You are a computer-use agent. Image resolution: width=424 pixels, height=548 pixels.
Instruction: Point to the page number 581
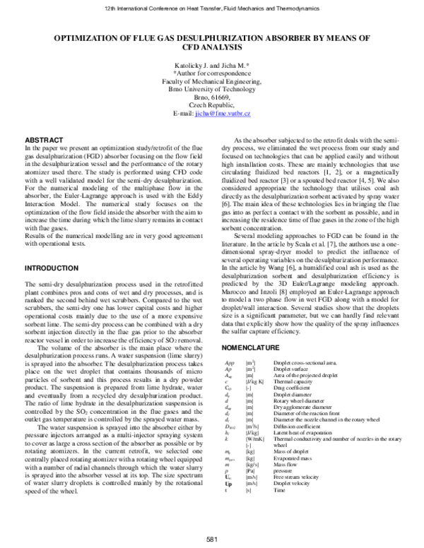(x=211, y=540)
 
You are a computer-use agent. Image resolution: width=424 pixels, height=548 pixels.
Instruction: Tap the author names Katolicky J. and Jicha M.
(x=211, y=64)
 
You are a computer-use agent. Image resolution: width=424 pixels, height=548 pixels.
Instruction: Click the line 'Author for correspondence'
(x=211, y=73)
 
